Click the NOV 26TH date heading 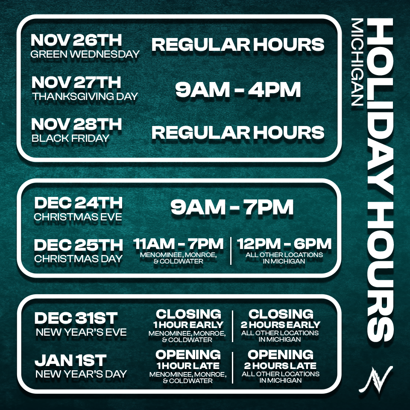(76, 40)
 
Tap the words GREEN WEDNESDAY (85, 54)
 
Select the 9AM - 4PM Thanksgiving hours (238, 90)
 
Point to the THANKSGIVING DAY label (85, 96)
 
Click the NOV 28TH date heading (76, 124)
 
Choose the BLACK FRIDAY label (70, 138)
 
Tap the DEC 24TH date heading (79, 203)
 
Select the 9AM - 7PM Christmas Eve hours (232, 207)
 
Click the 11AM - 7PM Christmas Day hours (179, 244)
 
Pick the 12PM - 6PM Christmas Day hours (284, 244)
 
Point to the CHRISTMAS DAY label (79, 259)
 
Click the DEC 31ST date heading (76, 318)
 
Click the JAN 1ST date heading (70, 360)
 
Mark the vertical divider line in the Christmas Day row (231, 251)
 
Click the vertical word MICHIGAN (357, 62)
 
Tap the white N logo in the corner (375, 379)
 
